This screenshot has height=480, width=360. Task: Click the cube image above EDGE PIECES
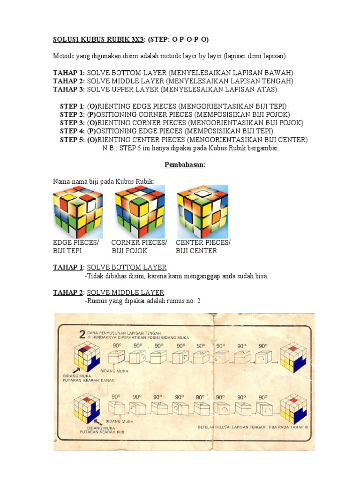(x=77, y=211)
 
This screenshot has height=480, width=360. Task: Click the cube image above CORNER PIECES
(x=140, y=211)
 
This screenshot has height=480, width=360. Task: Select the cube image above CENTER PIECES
(x=202, y=211)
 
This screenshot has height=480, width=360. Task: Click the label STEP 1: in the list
(x=72, y=106)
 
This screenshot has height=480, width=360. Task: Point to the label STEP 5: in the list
(x=72, y=140)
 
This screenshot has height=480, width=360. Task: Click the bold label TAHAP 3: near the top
(x=69, y=89)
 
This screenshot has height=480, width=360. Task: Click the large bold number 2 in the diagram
(x=82, y=334)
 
